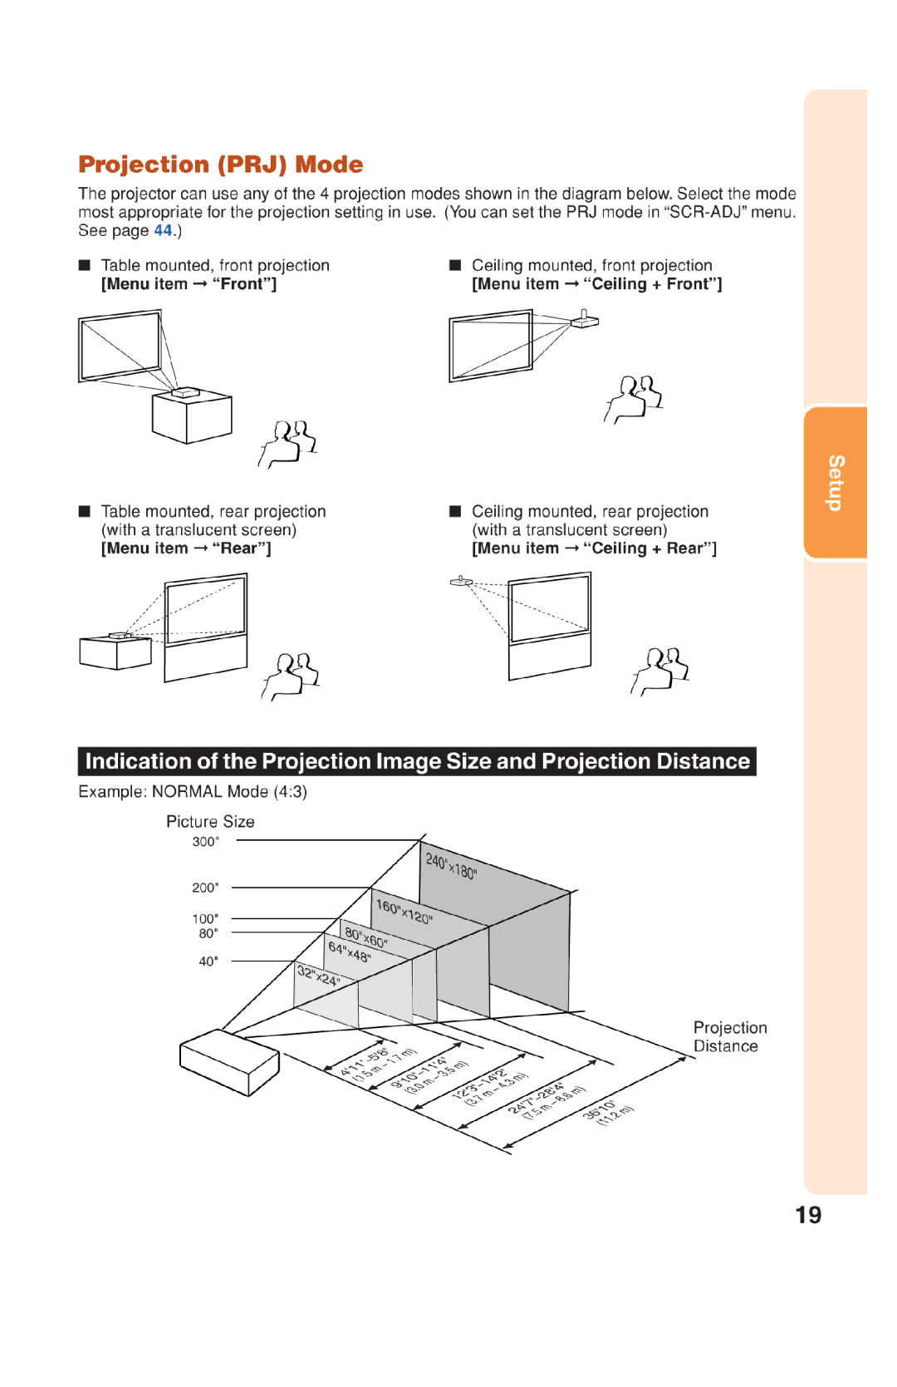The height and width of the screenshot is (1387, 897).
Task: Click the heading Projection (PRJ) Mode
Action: click(x=220, y=165)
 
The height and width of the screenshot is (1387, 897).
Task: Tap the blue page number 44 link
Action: click(x=163, y=231)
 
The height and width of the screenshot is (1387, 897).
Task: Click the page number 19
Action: click(x=807, y=1215)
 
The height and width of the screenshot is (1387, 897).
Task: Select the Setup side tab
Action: click(x=836, y=483)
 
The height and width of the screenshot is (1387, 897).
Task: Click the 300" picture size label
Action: click(x=205, y=841)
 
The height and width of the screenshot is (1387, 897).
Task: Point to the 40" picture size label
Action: click(x=208, y=961)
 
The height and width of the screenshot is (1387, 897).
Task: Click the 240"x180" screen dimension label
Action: click(x=451, y=866)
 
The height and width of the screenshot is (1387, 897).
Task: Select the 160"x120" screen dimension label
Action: click(x=404, y=912)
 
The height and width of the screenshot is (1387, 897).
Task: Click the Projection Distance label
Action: click(x=729, y=1037)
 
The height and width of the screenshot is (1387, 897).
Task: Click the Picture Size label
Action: click(x=210, y=821)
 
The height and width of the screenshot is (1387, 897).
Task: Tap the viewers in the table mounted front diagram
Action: click(x=288, y=443)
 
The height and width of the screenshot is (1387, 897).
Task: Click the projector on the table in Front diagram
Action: click(x=185, y=391)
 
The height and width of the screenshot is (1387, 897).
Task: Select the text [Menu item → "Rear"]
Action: click(x=186, y=548)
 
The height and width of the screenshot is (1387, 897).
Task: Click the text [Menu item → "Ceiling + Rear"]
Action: click(x=594, y=548)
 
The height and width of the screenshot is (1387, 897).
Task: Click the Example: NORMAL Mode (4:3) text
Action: click(x=193, y=792)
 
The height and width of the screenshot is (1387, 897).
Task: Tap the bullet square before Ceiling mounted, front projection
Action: click(x=455, y=265)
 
